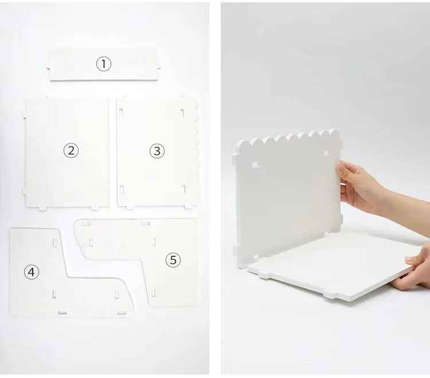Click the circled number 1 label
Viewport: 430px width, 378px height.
click(x=103, y=64)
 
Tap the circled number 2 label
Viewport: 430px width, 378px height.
click(x=71, y=151)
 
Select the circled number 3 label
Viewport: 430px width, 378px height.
click(x=157, y=151)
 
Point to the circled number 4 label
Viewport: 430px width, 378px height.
click(x=32, y=272)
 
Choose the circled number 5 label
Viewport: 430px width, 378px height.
click(x=173, y=260)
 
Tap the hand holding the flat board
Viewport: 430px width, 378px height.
click(x=417, y=267)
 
